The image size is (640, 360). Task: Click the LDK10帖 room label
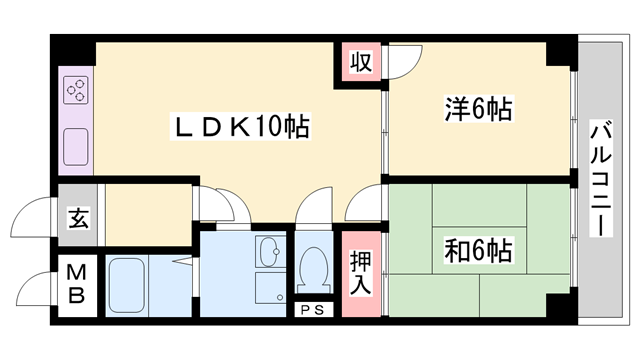[241, 127]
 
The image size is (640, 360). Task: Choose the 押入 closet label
[361, 272]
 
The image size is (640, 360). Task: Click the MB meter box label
[76, 284]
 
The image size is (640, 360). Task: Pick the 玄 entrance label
[76, 217]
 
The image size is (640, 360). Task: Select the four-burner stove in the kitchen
[76, 93]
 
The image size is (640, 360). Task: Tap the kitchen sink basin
[76, 149]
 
